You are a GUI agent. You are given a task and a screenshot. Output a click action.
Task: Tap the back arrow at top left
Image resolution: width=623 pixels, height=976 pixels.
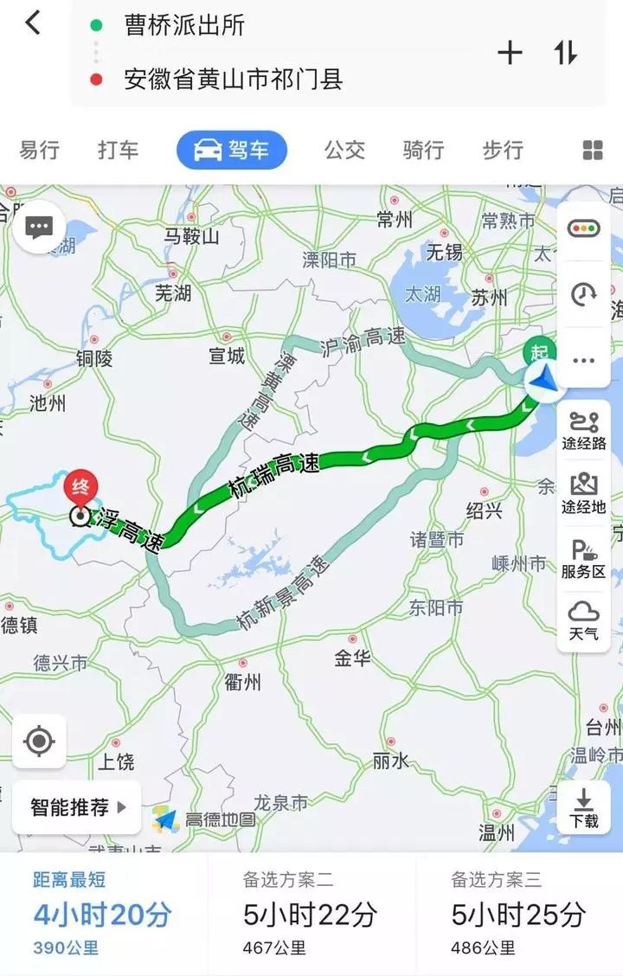33,23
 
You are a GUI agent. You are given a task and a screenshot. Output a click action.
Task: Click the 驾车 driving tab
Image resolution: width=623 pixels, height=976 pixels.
231,150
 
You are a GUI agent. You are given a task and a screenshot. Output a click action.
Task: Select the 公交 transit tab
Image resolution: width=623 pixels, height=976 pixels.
344,150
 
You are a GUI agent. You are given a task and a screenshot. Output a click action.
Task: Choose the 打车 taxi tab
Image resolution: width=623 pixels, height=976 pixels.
118,150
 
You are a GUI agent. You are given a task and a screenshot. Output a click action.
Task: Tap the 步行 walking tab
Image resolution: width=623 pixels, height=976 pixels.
503,150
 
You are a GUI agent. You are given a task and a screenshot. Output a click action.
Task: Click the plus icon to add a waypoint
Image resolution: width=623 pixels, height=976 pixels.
510,53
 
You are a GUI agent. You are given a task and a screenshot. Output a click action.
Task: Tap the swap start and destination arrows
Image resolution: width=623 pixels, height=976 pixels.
566,53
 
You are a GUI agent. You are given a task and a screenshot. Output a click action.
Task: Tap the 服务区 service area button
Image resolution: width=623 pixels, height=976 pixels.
584,559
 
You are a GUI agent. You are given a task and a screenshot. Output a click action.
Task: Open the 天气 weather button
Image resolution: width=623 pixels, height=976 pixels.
584,622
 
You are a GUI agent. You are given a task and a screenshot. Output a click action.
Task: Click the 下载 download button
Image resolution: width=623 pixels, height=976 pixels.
584,808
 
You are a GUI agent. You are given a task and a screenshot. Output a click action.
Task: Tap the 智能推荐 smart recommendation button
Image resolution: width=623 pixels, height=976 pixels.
76,807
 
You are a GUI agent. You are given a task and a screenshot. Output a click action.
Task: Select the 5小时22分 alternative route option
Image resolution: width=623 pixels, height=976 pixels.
311,914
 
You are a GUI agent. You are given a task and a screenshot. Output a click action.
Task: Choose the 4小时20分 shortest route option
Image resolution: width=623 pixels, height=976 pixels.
102,914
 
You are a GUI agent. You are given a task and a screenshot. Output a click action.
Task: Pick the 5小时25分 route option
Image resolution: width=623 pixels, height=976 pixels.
519,914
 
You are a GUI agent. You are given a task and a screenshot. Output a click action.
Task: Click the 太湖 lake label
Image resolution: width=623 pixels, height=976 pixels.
424,293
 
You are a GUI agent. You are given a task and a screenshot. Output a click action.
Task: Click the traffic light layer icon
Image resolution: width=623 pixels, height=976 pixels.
584,228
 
